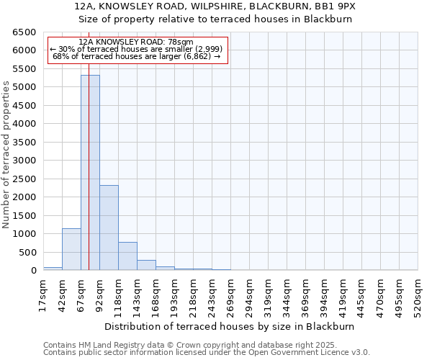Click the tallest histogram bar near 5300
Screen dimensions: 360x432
point(90,173)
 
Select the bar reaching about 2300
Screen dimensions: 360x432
point(109,228)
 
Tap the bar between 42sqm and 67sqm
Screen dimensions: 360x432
point(71,249)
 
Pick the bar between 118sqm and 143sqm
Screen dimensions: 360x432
point(127,256)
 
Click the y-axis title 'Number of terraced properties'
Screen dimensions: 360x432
point(7,154)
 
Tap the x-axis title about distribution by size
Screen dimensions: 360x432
point(230,326)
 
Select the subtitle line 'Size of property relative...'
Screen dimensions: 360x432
point(215,19)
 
